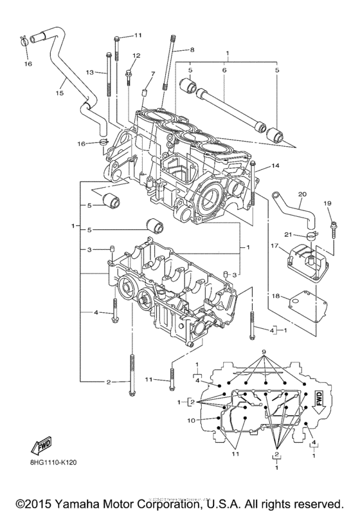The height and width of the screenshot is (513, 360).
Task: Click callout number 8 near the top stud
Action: pyautogui.click(x=190, y=50)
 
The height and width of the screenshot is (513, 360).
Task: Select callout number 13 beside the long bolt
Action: pyautogui.click(x=91, y=72)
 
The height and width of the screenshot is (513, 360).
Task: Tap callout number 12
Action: pyautogui.click(x=136, y=56)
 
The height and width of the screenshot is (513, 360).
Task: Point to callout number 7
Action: pyautogui.click(x=152, y=75)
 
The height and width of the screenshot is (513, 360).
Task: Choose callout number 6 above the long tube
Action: pyautogui.click(x=224, y=70)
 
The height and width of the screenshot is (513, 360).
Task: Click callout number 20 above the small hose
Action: pyautogui.click(x=303, y=194)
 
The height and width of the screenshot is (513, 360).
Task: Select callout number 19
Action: pyautogui.click(x=327, y=203)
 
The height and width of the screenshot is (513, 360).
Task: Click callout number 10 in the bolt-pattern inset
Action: pyautogui.click(x=190, y=420)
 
